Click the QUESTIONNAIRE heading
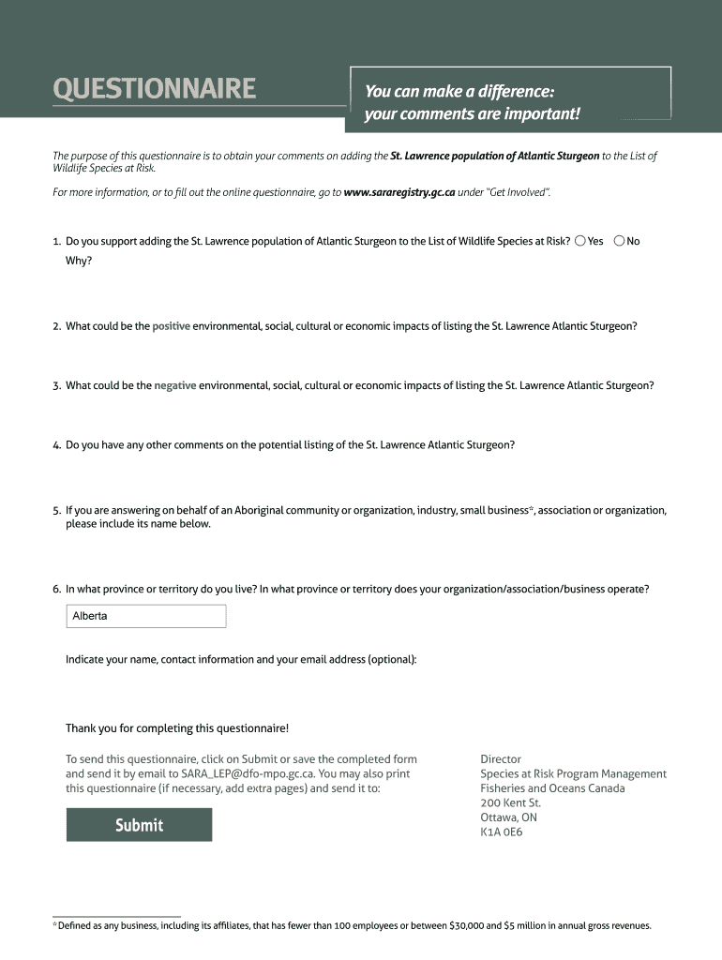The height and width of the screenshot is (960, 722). (154, 89)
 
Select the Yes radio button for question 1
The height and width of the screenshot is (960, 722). (581, 241)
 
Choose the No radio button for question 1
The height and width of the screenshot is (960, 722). (619, 241)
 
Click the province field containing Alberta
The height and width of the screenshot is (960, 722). (146, 616)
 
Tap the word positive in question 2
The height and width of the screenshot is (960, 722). (171, 326)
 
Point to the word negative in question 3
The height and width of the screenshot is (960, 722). (174, 385)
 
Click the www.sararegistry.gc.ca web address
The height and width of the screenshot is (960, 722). (399, 192)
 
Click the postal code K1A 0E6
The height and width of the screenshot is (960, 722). (502, 832)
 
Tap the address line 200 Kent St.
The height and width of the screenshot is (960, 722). (510, 802)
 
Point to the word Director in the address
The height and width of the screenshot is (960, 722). (501, 759)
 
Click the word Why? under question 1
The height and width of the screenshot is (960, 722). (79, 261)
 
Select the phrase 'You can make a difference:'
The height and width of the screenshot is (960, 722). (459, 92)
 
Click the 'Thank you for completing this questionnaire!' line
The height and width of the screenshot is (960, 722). (177, 728)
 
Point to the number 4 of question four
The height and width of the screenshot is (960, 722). (57, 445)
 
